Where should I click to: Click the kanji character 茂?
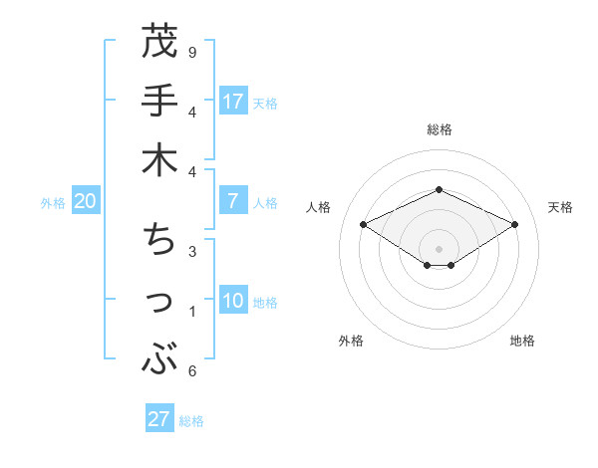[159, 44]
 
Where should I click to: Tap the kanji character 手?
[159, 103]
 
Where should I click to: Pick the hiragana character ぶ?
[159, 357]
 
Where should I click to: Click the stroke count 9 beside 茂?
[192, 52]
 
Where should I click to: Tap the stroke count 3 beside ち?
[192, 251]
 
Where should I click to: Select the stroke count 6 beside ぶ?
[192, 371]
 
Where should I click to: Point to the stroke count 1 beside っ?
[192, 312]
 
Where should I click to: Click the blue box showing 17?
[233, 101]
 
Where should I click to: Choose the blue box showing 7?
[233, 201]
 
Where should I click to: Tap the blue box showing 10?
[233, 301]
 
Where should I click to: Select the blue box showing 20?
[86, 201]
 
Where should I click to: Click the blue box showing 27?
[159, 419]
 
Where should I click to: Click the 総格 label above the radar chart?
[439, 129]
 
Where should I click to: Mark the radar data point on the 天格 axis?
[515, 225]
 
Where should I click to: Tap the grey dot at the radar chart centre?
[439, 249]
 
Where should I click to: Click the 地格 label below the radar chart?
[522, 341]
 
